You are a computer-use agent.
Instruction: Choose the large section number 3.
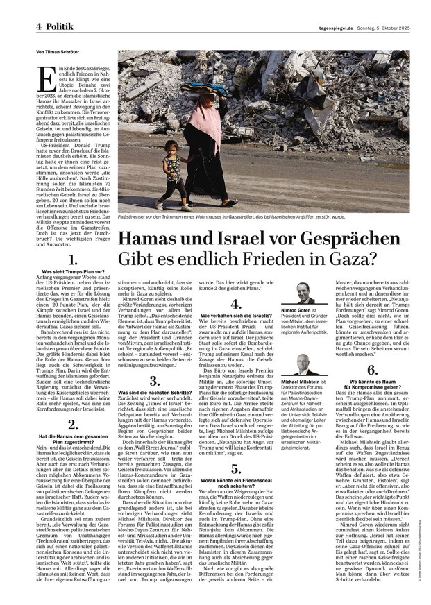153,381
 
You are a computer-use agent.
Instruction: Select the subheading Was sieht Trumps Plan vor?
73,273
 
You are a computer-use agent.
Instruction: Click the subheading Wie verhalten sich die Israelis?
235,316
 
